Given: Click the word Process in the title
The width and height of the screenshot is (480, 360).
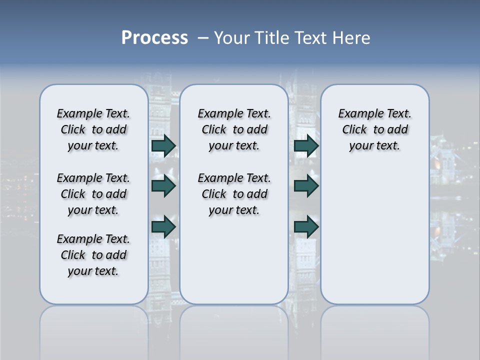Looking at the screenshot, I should pos(154,38).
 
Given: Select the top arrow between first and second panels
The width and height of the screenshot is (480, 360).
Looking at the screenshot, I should pos(163,146).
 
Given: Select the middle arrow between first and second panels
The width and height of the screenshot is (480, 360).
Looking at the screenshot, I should pos(163,186).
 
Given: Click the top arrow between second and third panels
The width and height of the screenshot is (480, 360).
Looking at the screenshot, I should pos(306,146).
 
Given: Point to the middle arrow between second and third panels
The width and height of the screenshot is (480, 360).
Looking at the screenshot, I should pos(306,186).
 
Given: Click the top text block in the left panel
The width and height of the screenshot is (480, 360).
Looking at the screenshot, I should pos(93,129).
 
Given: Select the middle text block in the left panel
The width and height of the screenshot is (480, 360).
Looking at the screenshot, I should pos(93,194).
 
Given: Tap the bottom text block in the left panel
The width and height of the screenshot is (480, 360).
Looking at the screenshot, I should pos(93,255).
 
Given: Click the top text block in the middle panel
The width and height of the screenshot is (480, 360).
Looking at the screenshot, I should pos(234,129).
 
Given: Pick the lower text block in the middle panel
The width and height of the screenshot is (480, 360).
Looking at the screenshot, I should pos(234,194).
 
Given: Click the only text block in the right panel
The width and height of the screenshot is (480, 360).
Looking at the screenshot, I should pos(374,129).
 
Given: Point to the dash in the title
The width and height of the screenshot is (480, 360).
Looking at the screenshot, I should pos(202,38).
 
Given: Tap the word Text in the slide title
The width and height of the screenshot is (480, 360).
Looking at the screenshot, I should pos(310,38).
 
